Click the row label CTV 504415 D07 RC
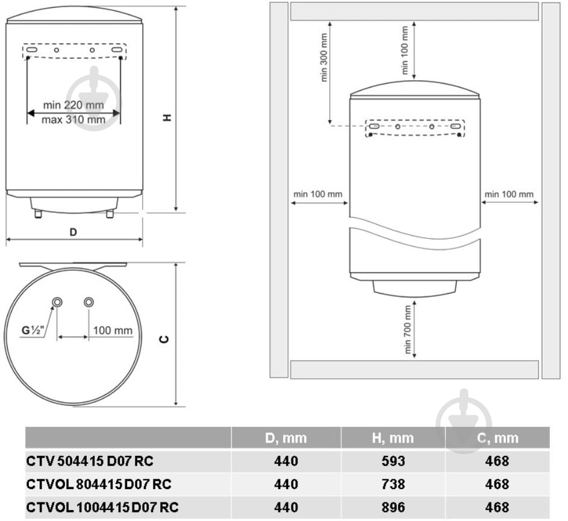89,461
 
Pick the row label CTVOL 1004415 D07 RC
102,507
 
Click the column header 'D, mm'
286,438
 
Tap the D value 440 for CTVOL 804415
286,484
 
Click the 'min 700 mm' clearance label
408,330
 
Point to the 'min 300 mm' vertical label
324,58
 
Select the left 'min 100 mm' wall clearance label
317,194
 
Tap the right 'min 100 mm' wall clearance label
509,194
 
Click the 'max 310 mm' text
73,119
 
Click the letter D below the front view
73,232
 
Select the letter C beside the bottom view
164,339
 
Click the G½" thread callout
33,330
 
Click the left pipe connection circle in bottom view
57,302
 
